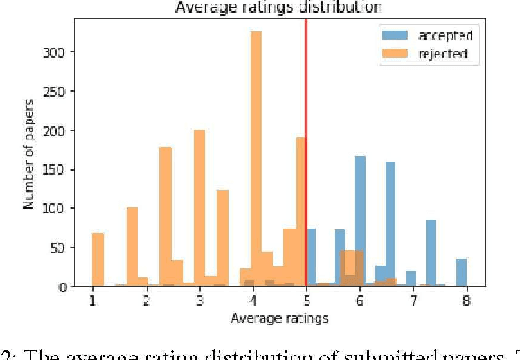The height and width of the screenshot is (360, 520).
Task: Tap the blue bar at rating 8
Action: [462, 273]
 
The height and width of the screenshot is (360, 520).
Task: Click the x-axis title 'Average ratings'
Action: [281, 318]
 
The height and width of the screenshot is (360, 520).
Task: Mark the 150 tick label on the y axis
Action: [58, 170]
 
